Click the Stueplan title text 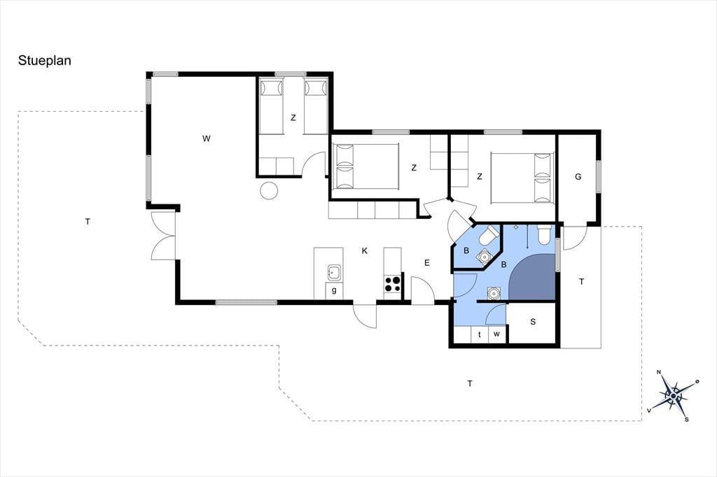pyautogui.click(x=44, y=61)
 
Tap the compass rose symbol pyautogui.click(x=673, y=396)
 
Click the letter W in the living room pyautogui.click(x=207, y=138)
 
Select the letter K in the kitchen pyautogui.click(x=364, y=251)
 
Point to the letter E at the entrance pyautogui.click(x=427, y=263)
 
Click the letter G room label pyautogui.click(x=578, y=177)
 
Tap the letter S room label pyautogui.click(x=533, y=322)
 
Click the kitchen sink pyautogui.click(x=334, y=272)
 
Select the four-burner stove pyautogui.click(x=392, y=283)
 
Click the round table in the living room pyautogui.click(x=269, y=190)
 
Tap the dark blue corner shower pyautogui.click(x=532, y=278)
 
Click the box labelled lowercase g pyautogui.click(x=334, y=290)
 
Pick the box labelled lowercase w pyautogui.click(x=497, y=334)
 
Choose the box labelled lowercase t pyautogui.click(x=480, y=334)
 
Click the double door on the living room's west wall pyautogui.click(x=163, y=236)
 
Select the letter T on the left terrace pyautogui.click(x=88, y=222)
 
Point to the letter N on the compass pyautogui.click(x=659, y=372)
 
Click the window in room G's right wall pyautogui.click(x=599, y=177)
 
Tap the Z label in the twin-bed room pyautogui.click(x=293, y=118)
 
